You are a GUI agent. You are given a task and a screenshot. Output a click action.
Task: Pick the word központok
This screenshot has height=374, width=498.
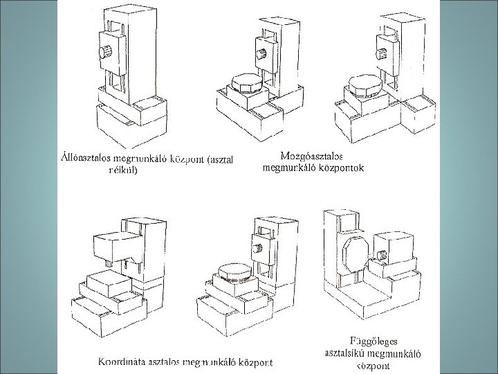coord(340,167)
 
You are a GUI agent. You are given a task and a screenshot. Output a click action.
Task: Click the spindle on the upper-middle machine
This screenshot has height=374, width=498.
coord(259,54)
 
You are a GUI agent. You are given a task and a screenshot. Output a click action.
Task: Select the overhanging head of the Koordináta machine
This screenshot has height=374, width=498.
coord(117,246)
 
